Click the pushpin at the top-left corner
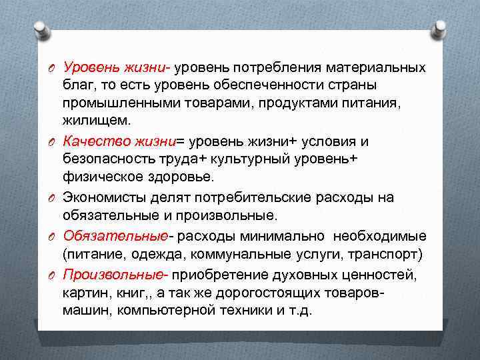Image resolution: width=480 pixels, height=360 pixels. pos(41,30)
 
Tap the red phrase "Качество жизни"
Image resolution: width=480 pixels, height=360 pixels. pos(119,141)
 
